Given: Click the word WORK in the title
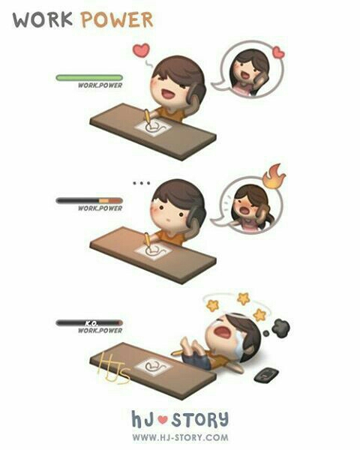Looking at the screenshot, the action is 43,19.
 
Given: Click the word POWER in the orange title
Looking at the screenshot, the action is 117,19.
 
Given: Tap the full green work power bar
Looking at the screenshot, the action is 89,78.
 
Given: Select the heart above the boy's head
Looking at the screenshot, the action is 141,50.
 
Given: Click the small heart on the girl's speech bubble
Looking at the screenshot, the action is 278,52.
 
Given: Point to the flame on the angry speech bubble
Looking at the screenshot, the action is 274,176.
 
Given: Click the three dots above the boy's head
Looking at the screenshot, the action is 141,183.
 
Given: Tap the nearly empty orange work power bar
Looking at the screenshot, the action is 89,200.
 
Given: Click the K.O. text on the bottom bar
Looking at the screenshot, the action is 91,323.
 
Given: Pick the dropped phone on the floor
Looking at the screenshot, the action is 266,375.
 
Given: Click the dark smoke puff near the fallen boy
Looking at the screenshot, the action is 280,328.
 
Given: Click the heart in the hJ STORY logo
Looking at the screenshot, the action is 163,420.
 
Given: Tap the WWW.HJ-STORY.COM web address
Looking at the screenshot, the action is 180,438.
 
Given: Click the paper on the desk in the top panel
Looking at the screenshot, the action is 154,128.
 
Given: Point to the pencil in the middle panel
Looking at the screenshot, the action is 147,239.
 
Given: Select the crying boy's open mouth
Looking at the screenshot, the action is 223,331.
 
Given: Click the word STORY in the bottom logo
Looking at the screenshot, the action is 200,419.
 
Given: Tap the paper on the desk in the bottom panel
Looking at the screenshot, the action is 153,367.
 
